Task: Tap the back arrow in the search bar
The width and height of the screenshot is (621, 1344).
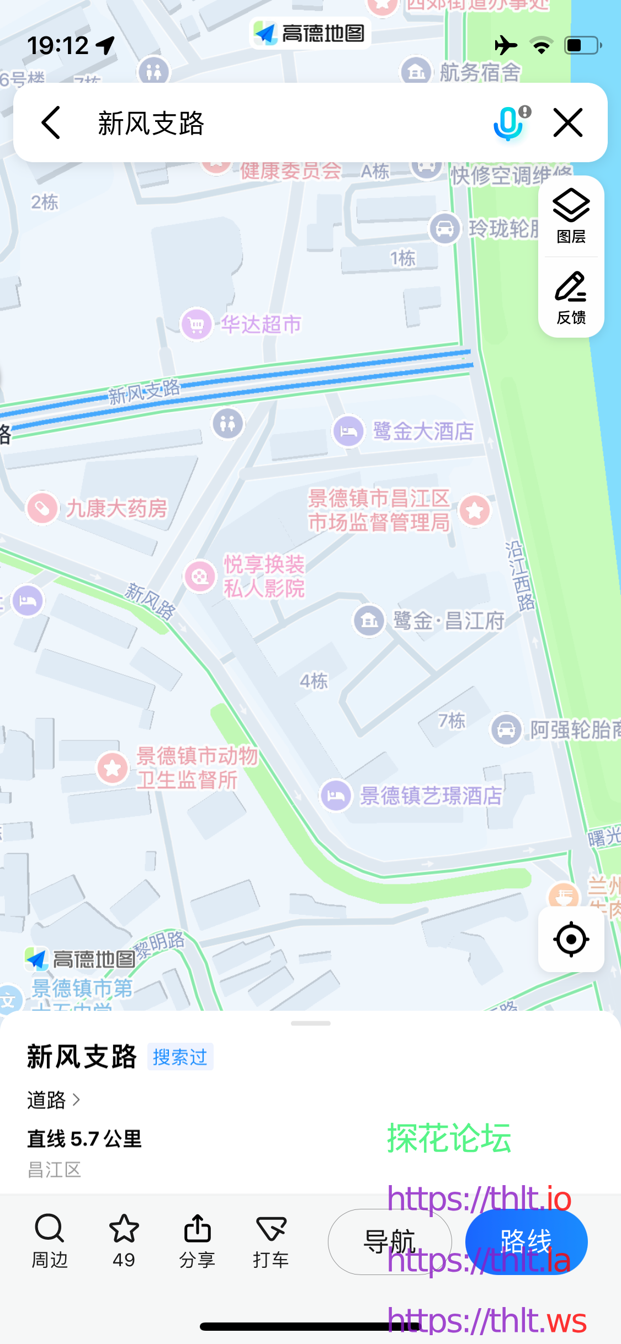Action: [51, 122]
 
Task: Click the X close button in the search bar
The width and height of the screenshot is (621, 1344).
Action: [567, 122]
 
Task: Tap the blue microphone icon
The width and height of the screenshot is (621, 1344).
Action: [508, 123]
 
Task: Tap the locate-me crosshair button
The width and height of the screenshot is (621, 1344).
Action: [571, 939]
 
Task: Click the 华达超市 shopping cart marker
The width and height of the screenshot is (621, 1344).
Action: [196, 324]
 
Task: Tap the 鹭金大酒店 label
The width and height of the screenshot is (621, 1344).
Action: [423, 431]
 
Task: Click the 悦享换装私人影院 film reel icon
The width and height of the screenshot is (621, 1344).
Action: [199, 577]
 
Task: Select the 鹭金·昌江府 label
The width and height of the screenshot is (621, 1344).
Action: [448, 621]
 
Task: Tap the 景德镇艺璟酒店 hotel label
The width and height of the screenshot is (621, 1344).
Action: [431, 796]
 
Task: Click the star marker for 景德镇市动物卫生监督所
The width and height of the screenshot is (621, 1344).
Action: [113, 768]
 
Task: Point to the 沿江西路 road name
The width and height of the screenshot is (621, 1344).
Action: [519, 576]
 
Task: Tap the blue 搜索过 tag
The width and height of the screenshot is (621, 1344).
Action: [180, 1057]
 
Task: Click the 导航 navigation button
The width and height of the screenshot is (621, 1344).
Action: [390, 1242]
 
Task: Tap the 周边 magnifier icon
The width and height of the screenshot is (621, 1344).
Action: [50, 1228]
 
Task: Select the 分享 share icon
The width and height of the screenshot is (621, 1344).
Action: [197, 1228]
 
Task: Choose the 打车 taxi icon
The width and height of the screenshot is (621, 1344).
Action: [271, 1228]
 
